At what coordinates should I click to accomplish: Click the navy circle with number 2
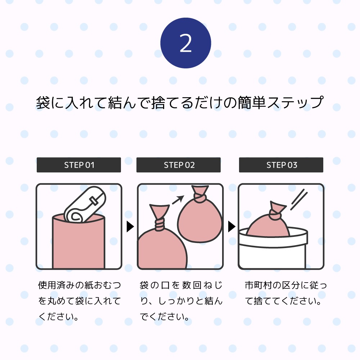click(185, 44)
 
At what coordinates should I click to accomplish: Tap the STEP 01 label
click(79, 165)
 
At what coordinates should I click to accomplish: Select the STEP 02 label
click(179, 165)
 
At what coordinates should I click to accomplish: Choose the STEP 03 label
click(281, 165)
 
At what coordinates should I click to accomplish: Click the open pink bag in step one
click(79, 245)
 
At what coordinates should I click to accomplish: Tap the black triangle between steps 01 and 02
click(130, 226)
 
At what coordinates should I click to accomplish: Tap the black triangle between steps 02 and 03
click(231, 226)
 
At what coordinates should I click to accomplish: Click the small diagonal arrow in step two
click(177, 199)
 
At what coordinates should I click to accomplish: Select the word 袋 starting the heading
click(43, 102)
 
